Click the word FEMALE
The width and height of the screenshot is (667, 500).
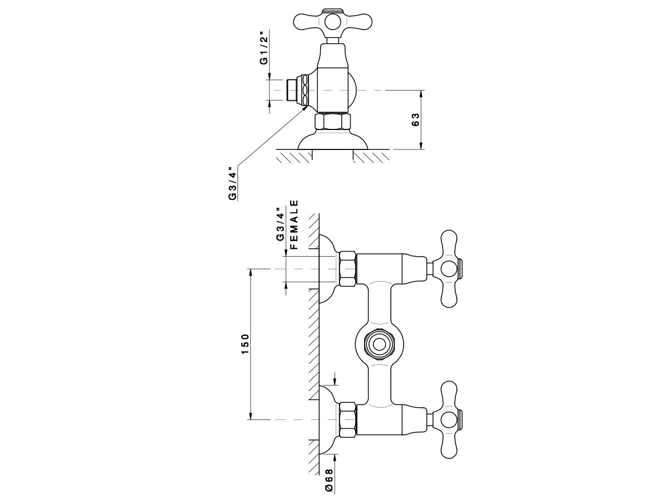(x=294, y=224)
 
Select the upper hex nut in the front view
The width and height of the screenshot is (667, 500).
(x=347, y=269)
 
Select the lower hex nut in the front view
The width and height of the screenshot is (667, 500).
(x=347, y=419)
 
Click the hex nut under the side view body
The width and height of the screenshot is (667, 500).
(x=332, y=122)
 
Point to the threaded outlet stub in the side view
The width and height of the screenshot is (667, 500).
(x=291, y=90)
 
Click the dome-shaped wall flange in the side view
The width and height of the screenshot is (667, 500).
(x=332, y=140)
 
